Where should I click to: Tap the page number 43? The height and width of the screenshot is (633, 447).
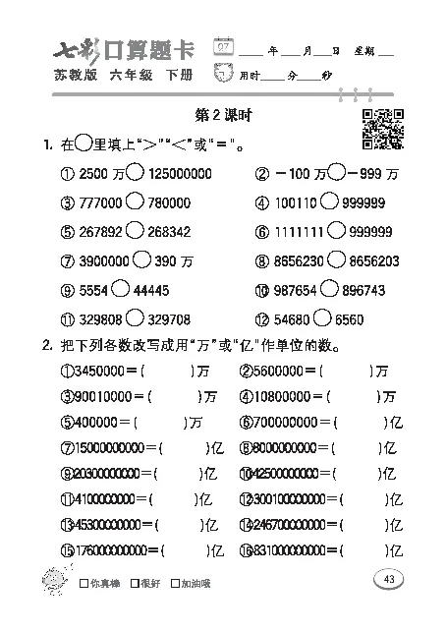pos(389,580)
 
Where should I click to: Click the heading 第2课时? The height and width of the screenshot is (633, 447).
pos(225,116)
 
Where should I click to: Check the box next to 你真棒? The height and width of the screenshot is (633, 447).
pos(83,585)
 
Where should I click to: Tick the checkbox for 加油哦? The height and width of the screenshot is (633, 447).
pos(174,585)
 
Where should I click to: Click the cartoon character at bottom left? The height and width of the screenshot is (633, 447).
pos(46,580)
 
